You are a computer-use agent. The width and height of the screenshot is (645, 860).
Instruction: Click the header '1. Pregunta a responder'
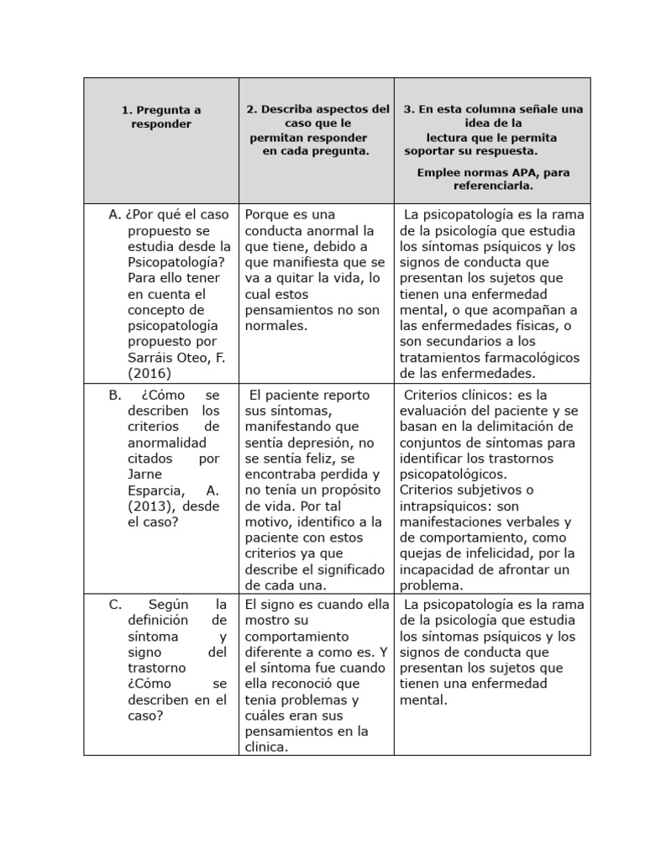(x=161, y=117)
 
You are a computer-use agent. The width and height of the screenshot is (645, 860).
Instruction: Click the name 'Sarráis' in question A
(x=153, y=358)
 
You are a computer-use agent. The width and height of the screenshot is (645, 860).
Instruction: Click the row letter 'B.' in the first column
(x=116, y=395)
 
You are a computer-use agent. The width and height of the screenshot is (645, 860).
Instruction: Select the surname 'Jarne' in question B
(x=146, y=475)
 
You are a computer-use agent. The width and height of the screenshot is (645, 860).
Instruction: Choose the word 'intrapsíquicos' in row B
(x=446, y=506)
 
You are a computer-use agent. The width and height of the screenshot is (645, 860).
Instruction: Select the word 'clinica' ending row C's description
(x=266, y=747)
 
